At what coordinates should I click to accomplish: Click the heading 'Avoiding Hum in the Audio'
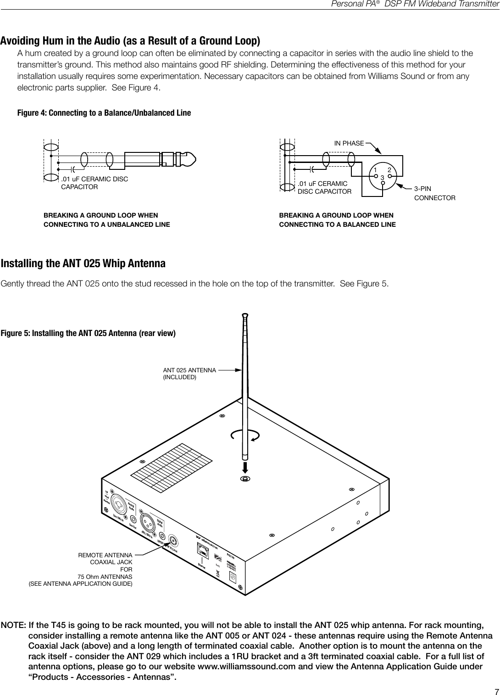click(x=130, y=41)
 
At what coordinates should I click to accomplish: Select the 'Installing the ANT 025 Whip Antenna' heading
click(x=83, y=264)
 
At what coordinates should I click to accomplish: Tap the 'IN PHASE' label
click(x=349, y=144)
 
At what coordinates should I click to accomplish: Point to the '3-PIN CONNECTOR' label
click(x=434, y=193)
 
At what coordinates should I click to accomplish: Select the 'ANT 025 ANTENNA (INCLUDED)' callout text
click(x=189, y=373)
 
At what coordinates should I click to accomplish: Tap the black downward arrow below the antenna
click(x=245, y=467)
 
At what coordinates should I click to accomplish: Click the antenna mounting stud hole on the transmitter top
click(x=245, y=479)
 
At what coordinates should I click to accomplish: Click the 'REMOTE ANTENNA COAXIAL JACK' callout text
click(x=106, y=559)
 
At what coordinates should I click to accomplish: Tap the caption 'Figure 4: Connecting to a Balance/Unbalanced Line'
click(x=104, y=113)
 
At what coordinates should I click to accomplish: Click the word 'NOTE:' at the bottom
click(x=13, y=626)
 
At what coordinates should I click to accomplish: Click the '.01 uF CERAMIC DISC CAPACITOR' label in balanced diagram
click(x=324, y=188)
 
